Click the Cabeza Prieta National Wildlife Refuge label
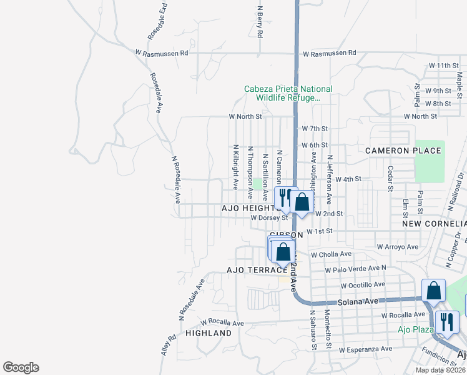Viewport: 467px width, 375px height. (x=288, y=93)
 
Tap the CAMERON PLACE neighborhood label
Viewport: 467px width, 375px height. (x=403, y=151)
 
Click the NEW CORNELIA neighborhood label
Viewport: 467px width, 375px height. (x=434, y=223)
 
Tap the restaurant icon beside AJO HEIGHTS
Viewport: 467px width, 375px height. (x=285, y=198)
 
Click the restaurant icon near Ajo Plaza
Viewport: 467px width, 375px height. (x=446, y=322)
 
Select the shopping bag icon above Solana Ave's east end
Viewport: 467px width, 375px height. (x=433, y=291)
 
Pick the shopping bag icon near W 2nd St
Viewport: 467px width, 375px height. (x=302, y=202)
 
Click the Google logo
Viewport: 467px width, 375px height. (x=21, y=367)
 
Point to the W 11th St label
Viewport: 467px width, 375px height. (x=443, y=66)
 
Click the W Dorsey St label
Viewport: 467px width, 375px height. (x=268, y=218)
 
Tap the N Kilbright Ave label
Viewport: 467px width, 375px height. (x=235, y=168)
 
